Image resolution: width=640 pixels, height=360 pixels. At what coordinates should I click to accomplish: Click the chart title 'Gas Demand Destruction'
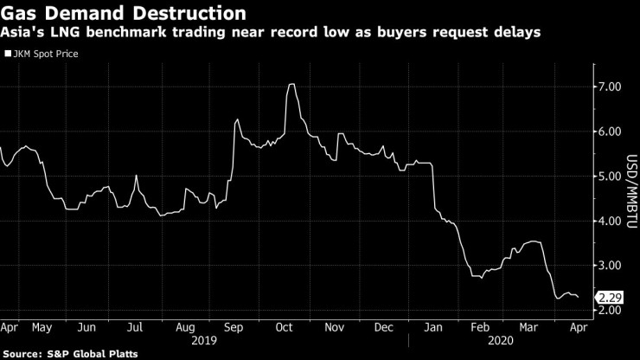[x=121, y=14]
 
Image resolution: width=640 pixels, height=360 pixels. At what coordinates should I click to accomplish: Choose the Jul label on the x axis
[x=136, y=328]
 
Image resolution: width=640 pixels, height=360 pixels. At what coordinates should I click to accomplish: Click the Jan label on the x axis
[x=433, y=328]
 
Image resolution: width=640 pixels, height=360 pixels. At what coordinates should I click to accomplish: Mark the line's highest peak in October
[x=292, y=84]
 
